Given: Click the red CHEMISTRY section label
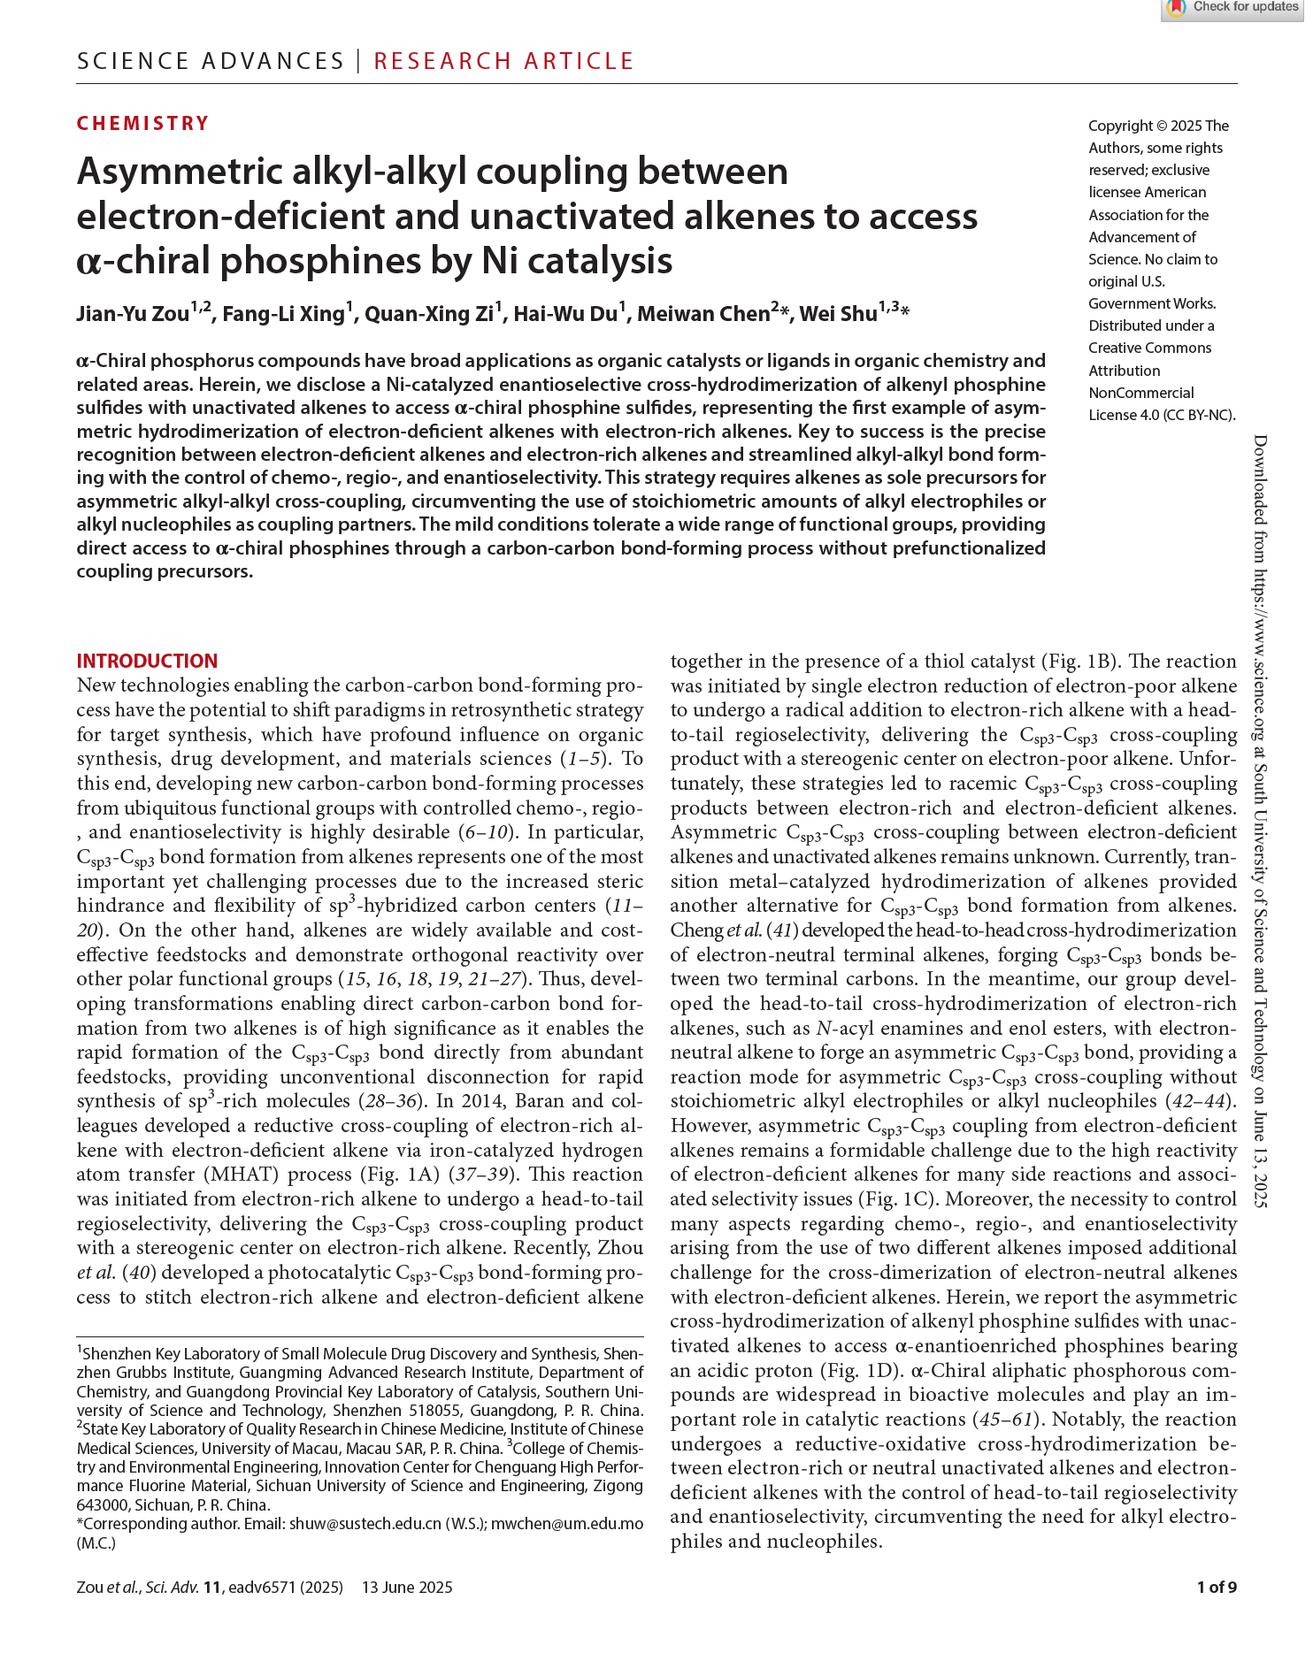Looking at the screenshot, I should [x=143, y=123].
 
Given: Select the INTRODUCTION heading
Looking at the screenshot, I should [x=147, y=661].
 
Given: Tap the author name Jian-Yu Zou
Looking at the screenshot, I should [x=133, y=314].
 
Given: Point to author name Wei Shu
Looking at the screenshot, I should [x=838, y=314].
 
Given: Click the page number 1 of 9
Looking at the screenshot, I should [x=1217, y=1587].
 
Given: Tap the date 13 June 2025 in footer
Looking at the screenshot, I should [x=407, y=1587].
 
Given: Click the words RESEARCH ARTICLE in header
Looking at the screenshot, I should [x=503, y=61].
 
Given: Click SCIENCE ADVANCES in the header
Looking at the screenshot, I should [x=211, y=61].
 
